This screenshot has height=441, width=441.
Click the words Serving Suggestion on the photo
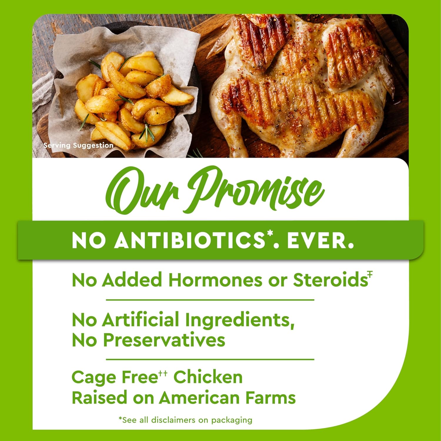pyautogui.click(x=78, y=145)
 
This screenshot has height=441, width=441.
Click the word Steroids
pyautogui.click(x=330, y=280)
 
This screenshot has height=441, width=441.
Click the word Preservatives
pyautogui.click(x=164, y=340)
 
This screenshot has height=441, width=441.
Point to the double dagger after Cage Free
pyautogui.click(x=163, y=373)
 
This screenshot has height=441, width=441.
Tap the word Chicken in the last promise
pyautogui.click(x=208, y=377)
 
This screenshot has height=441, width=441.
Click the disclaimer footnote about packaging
pyautogui.click(x=185, y=420)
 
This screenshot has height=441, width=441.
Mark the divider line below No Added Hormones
pyautogui.click(x=210, y=300)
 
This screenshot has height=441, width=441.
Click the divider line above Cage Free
pyautogui.click(x=210, y=359)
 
